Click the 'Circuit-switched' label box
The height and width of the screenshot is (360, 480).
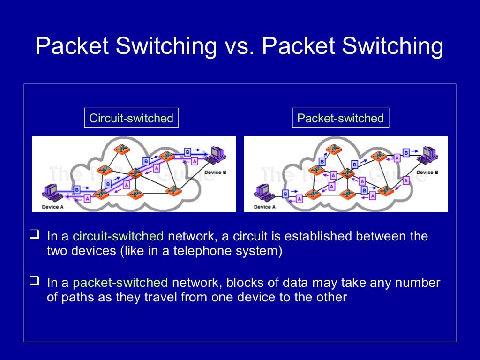click(x=131, y=118)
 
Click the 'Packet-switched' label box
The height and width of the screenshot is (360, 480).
click(x=340, y=118)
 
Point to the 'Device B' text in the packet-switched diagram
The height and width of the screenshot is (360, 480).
click(x=427, y=172)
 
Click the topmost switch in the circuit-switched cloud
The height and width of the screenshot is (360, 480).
click(x=123, y=149)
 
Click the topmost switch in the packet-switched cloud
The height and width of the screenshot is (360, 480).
click(x=335, y=149)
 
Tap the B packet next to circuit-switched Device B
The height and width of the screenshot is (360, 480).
click(x=187, y=152)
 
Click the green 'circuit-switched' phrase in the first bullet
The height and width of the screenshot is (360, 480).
click(x=118, y=236)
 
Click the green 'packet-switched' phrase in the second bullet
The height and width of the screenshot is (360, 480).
click(x=120, y=283)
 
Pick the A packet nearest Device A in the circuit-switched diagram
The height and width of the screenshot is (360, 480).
click(x=87, y=199)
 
